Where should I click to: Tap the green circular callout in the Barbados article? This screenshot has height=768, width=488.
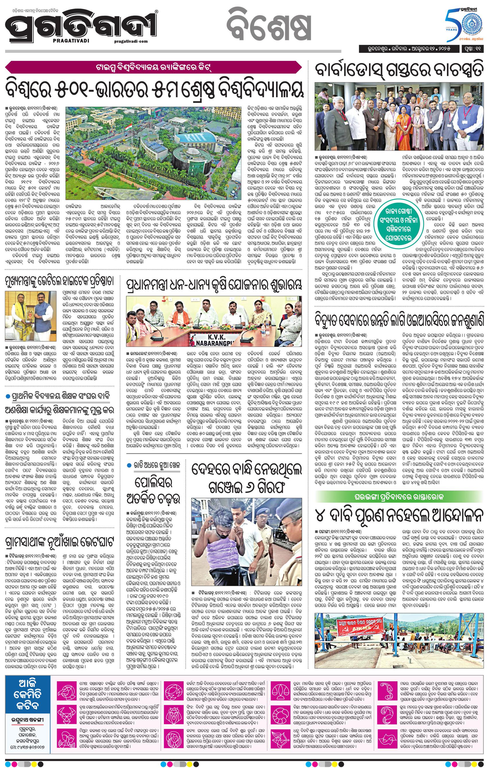(400, 225)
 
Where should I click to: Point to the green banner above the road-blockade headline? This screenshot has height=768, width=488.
(398, 497)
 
